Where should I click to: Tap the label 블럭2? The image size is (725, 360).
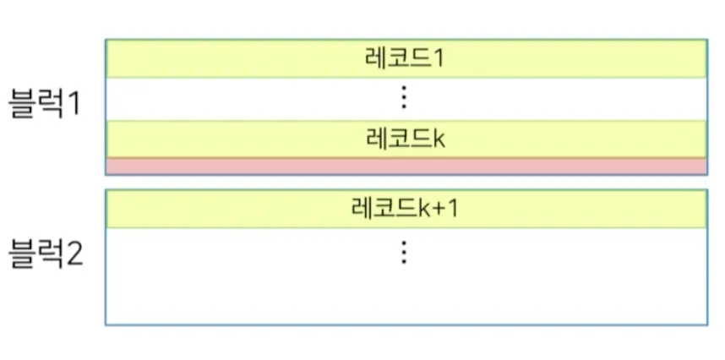46,253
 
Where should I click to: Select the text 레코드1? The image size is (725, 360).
404,59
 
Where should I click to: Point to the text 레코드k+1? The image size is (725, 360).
404,208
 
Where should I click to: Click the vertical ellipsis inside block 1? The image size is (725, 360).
404,98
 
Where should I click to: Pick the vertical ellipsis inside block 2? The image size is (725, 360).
404,252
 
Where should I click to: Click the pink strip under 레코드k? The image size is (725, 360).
406,166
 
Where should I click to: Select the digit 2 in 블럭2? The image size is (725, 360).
74,253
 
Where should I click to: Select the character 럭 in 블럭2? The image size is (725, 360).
49,253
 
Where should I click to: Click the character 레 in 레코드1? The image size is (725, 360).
373,59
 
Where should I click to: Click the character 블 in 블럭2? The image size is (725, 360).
21,253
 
